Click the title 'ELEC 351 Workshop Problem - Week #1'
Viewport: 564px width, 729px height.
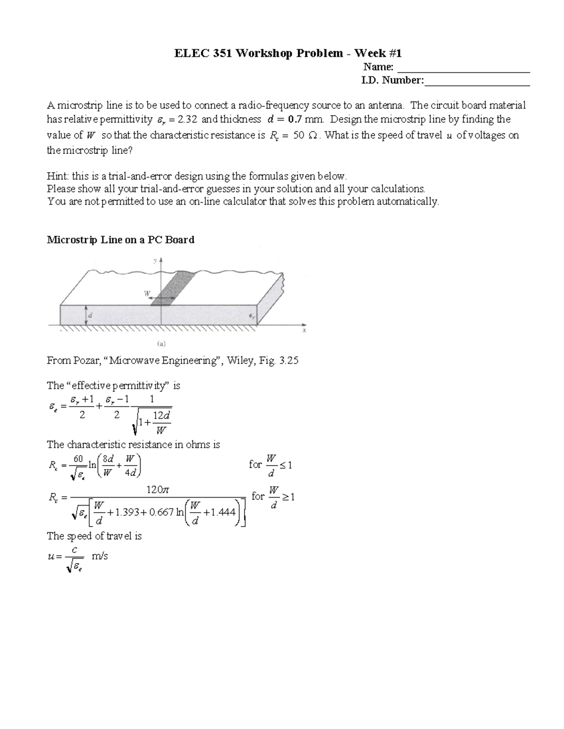288,53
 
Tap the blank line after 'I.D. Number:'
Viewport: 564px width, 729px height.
477,85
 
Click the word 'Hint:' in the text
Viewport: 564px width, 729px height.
58,176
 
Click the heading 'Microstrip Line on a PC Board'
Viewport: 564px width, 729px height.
120,240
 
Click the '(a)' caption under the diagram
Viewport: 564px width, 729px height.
161,344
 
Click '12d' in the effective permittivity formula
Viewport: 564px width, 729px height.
162,416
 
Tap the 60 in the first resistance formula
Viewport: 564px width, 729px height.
78,458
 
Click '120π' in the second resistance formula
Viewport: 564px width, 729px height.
157,490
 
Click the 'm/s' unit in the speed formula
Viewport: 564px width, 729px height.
100,556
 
